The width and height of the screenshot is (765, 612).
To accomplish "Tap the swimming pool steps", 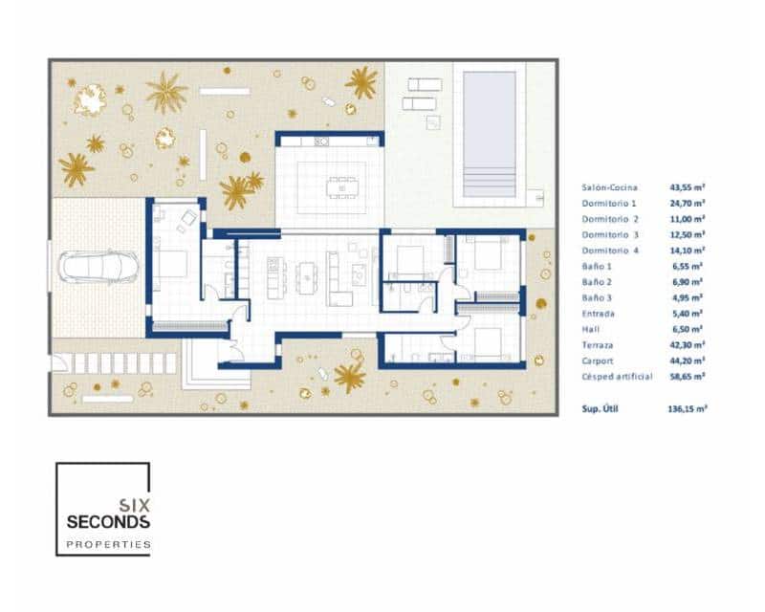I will point(489,181).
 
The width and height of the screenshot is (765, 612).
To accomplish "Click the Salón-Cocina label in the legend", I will point(609,187).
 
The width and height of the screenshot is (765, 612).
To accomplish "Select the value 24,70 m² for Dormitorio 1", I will point(686,204).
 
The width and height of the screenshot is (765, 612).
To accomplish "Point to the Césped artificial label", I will point(617,377).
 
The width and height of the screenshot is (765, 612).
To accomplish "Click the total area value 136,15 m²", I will point(686,407).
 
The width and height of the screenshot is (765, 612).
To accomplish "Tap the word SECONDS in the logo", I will point(107,522).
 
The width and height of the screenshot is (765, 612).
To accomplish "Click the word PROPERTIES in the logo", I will point(107,544).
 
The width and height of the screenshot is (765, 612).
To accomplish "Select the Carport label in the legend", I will point(598,361).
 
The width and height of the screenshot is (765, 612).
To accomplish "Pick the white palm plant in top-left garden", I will point(90,98).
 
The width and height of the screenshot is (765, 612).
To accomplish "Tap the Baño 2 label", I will point(598,282).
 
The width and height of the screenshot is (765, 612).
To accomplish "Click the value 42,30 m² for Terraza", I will point(686,345).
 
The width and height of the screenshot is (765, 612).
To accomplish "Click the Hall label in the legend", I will point(590,329).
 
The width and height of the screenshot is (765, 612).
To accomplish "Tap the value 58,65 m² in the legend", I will point(686,377).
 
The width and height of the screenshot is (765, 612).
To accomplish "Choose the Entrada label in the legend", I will point(599,314).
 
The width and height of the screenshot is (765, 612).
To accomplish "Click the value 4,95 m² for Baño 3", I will point(686,297).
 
